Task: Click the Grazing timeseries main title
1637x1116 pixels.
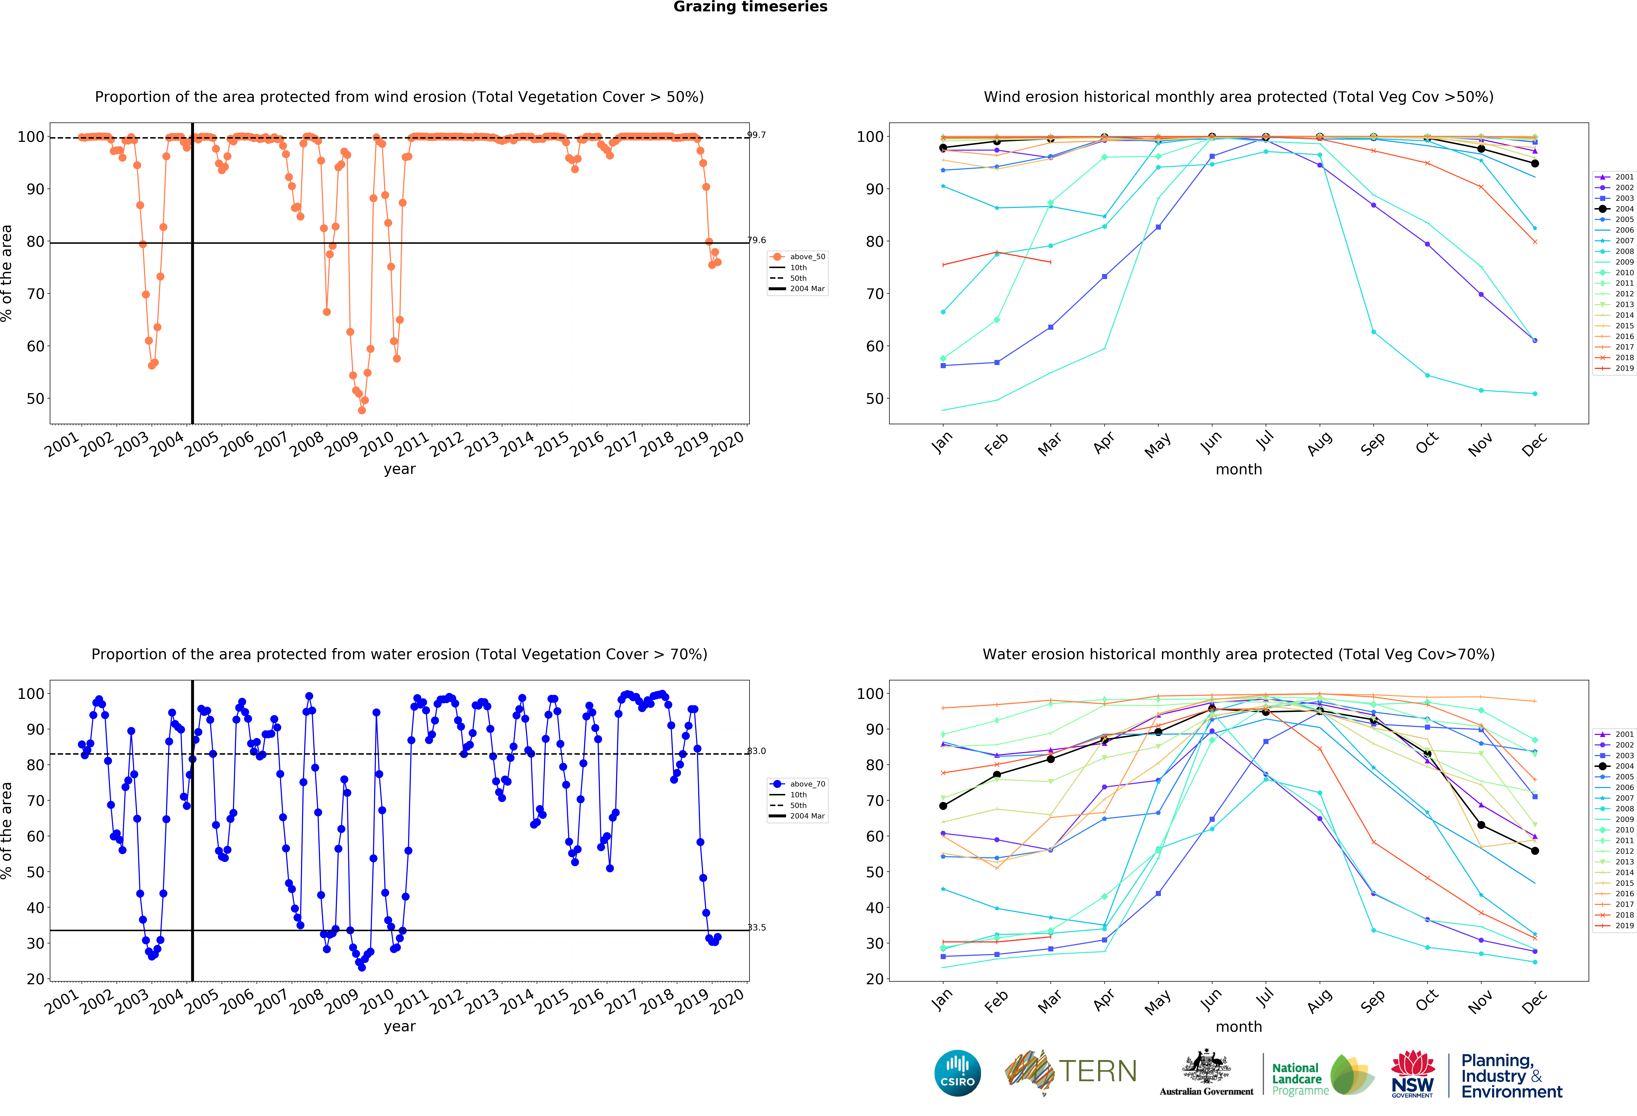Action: tap(750, 7)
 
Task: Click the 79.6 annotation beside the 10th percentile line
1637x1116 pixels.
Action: tap(757, 240)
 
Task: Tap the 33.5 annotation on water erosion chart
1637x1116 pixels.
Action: tap(757, 927)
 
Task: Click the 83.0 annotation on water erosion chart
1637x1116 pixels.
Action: tap(757, 751)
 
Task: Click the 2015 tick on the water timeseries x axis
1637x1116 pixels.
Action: tap(552, 1001)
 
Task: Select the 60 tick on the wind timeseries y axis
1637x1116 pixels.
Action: tap(35, 346)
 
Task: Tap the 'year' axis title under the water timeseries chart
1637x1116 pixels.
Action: tap(399, 1027)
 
